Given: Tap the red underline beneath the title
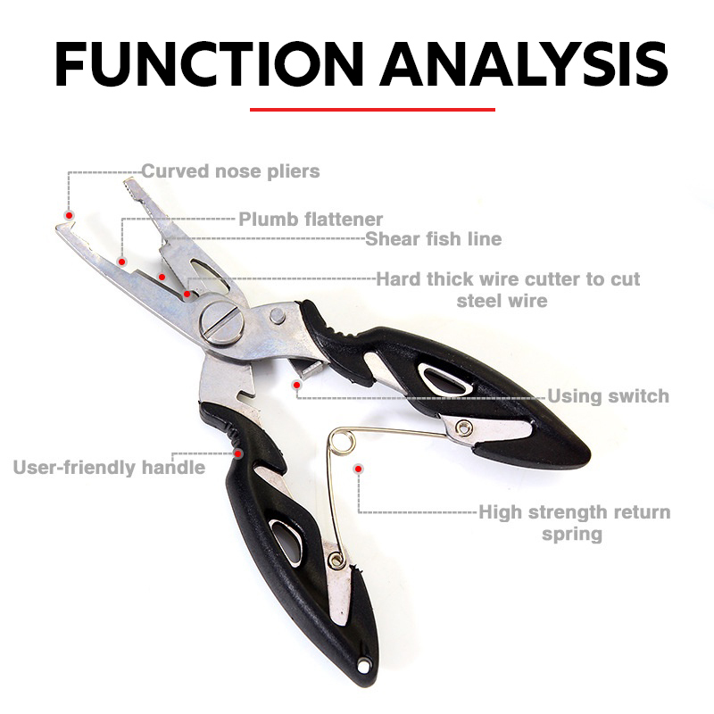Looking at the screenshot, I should [372, 110].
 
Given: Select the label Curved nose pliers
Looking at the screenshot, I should [230, 170].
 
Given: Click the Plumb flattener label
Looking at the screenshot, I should [311, 219].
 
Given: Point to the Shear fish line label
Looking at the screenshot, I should [433, 238].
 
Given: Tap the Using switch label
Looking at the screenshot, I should [608, 395].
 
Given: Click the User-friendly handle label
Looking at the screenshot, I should [109, 467].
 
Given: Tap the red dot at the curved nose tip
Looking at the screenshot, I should [68, 214].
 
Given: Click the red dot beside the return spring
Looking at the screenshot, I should [358, 467].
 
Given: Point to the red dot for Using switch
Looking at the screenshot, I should [296, 385].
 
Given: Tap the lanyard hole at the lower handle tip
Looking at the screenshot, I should [365, 664].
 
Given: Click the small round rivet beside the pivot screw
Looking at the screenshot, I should [277, 315].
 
